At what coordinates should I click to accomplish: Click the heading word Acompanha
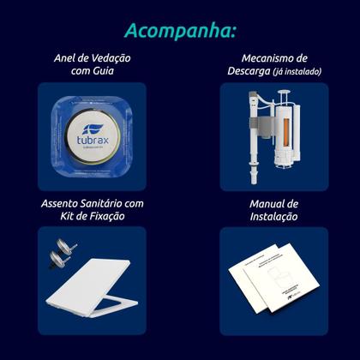[x=179, y=31]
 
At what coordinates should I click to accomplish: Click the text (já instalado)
[x=297, y=73]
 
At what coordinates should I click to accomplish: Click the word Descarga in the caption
[x=245, y=72]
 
